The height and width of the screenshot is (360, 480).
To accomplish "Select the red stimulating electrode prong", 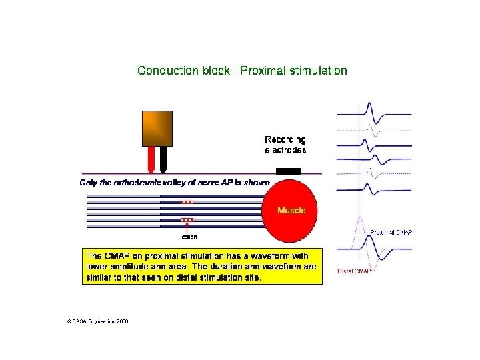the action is pyautogui.click(x=151, y=158).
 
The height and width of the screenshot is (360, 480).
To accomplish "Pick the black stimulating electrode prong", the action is pyautogui.click(x=163, y=158).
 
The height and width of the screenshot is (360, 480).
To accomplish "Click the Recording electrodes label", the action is pyautogui.click(x=285, y=145).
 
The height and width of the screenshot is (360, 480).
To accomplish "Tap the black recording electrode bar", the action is pyautogui.click(x=288, y=171).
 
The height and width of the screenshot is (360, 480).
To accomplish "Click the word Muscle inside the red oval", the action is pyautogui.click(x=292, y=210).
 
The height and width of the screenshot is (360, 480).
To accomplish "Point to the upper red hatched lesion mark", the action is pyautogui.click(x=187, y=201).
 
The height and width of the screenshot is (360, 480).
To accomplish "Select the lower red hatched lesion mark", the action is pyautogui.click(x=187, y=219).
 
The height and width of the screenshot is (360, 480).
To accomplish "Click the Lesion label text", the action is pyautogui.click(x=187, y=237).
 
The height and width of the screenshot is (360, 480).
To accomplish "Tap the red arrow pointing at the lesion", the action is pyautogui.click(x=187, y=227).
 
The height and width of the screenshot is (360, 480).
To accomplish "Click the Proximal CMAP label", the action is pyautogui.click(x=391, y=232).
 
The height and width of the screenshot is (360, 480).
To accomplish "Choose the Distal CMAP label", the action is pyautogui.click(x=353, y=271).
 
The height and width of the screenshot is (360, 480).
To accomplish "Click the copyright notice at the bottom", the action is pyautogui.click(x=97, y=321).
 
